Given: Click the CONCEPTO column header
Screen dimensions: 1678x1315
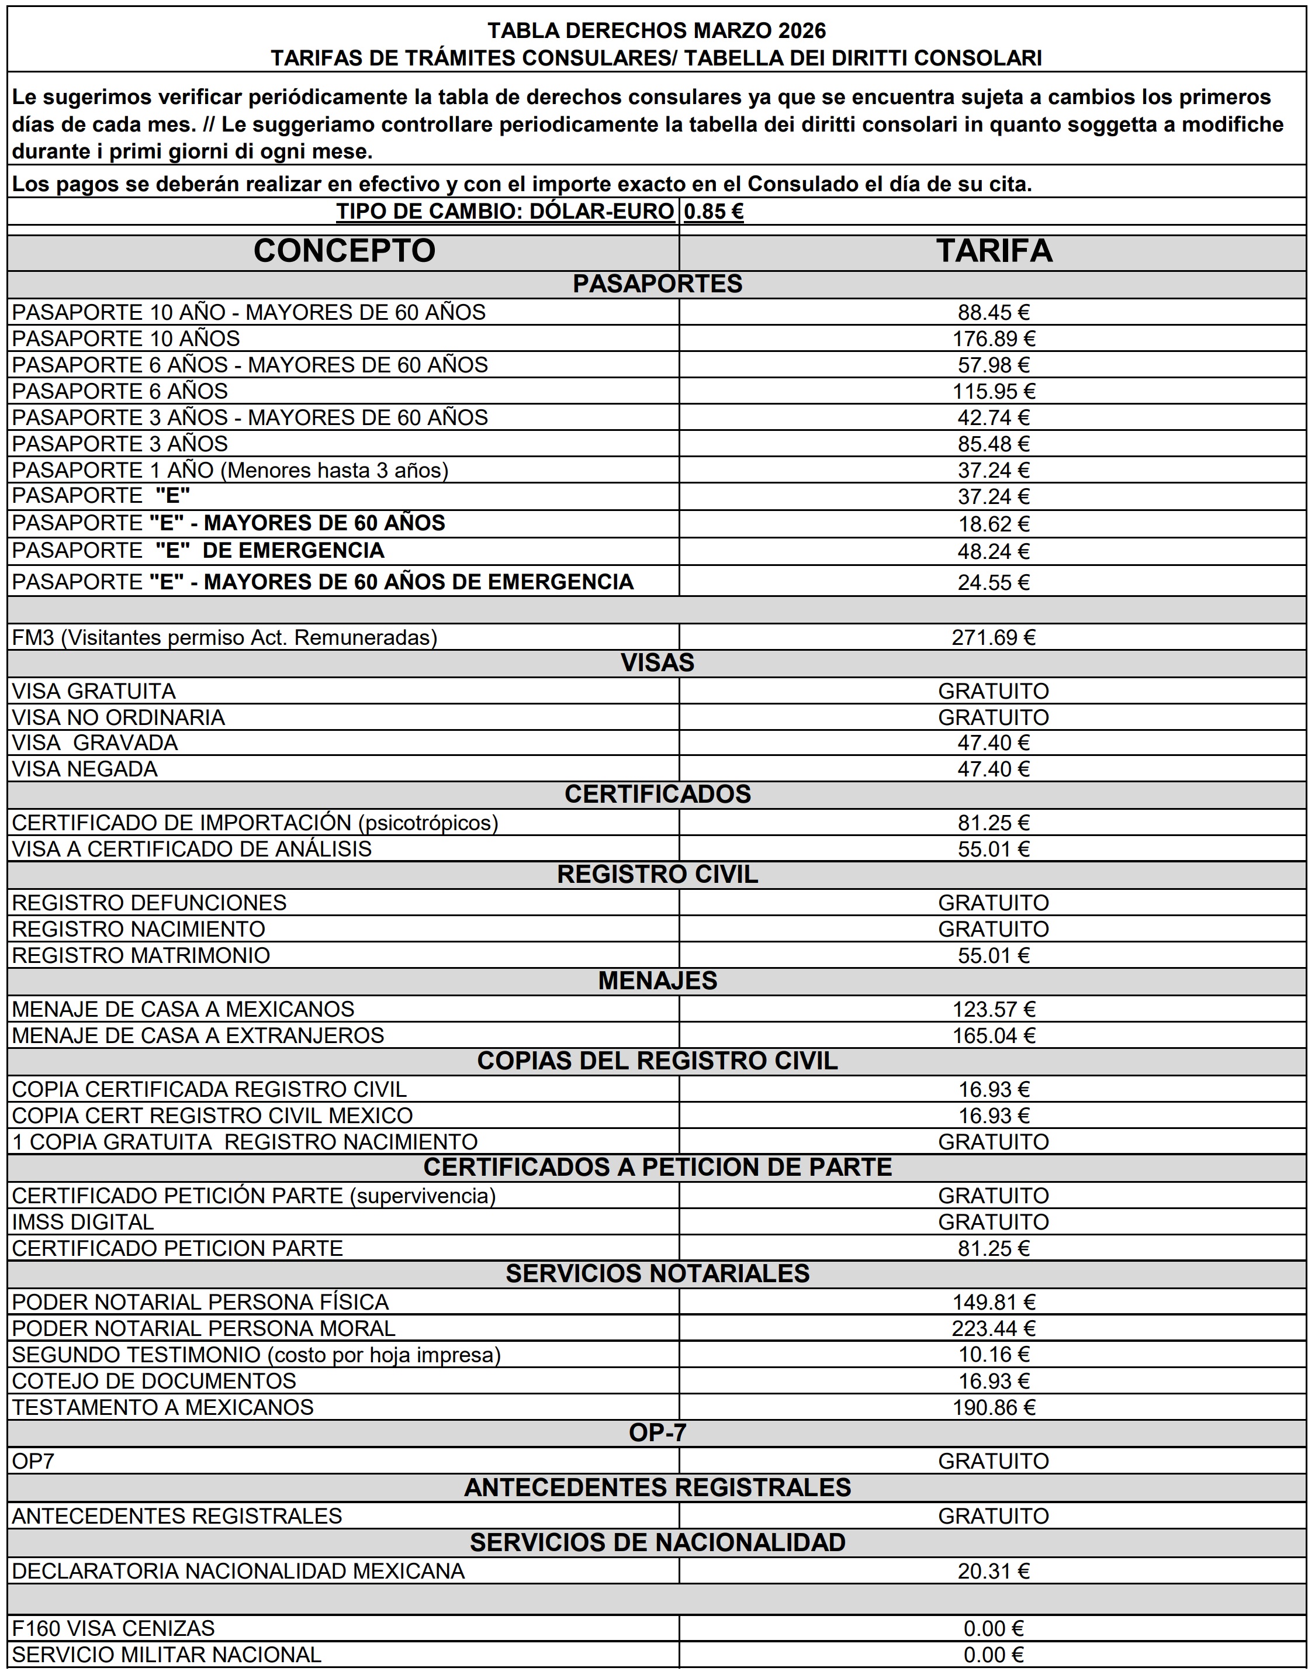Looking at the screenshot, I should [x=344, y=251].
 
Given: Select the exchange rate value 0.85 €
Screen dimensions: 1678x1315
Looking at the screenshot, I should [x=713, y=212].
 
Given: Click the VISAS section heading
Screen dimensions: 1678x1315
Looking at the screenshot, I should [x=657, y=663].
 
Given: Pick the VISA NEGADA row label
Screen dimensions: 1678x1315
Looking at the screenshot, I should [x=85, y=769].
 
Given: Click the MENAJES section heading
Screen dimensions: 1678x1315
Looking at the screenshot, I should [x=657, y=981].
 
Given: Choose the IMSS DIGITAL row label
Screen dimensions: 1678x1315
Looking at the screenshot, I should [x=83, y=1222].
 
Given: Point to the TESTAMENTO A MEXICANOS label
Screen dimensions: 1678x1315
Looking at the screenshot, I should [x=163, y=1408].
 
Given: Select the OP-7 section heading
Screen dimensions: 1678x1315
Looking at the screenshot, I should [x=657, y=1433].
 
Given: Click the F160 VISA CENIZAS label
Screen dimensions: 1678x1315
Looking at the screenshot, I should [x=113, y=1629].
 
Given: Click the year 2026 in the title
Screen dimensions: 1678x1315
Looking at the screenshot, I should [x=801, y=31].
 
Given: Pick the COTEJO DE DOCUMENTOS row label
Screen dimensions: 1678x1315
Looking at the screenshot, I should [x=154, y=1381].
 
